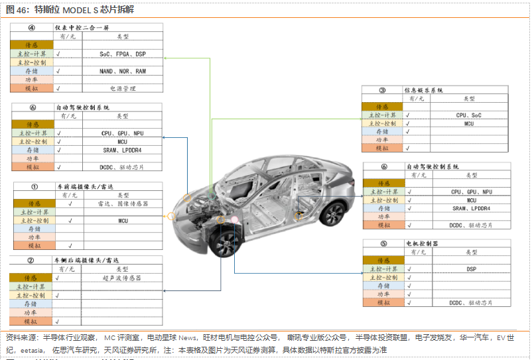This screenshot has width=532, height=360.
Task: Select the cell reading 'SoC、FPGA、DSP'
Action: click(123, 54)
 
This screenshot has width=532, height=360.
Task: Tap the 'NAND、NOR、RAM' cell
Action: click(123, 71)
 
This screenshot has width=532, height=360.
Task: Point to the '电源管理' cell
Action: click(123, 88)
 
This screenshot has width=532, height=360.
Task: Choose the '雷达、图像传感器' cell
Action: click(123, 204)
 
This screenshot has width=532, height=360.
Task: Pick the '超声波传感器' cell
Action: click(123, 278)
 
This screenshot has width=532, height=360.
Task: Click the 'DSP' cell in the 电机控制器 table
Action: click(472, 269)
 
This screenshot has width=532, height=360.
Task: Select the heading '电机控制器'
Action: click(422, 244)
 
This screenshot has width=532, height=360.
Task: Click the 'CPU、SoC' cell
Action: click(469, 115)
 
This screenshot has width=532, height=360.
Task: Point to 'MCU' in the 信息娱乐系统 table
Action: click(469, 124)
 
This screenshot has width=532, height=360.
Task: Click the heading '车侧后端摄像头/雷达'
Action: click(86, 261)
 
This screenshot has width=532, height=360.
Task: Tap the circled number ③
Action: click(382, 90)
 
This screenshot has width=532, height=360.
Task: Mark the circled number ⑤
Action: click(383, 244)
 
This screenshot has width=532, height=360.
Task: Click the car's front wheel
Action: click(224, 242)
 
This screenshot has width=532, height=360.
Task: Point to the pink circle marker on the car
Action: click(233, 219)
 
